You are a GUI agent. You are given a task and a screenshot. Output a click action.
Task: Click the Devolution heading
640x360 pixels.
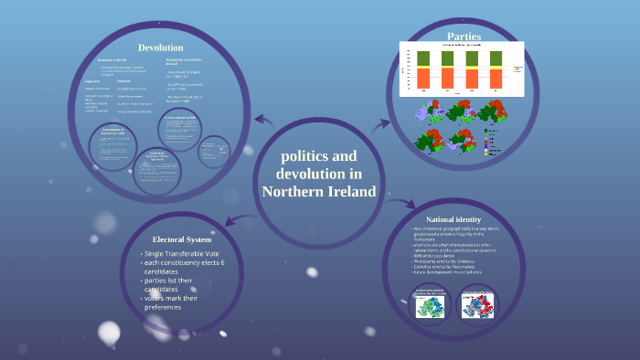click(x=160, y=48)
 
